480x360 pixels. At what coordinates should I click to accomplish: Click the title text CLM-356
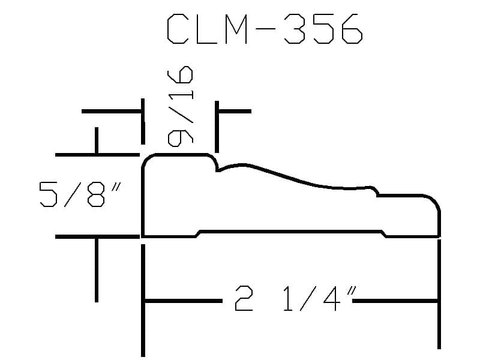pyautogui.click(x=265, y=29)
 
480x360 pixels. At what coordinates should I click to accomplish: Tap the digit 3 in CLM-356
pyautogui.click(x=294, y=29)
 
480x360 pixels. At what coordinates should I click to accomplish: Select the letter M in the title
pyautogui.click(x=236, y=29)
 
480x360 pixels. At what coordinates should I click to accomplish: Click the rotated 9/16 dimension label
pyautogui.click(x=181, y=106)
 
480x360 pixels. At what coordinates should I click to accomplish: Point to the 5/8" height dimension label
pyautogui.click(x=80, y=194)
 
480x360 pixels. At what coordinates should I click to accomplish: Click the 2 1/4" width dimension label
pyautogui.click(x=296, y=298)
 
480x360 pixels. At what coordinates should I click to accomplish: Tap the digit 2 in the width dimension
pyautogui.click(x=244, y=298)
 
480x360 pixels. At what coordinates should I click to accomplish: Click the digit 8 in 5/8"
pyautogui.click(x=96, y=194)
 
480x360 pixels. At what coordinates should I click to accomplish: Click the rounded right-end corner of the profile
pyautogui.click(x=434, y=200)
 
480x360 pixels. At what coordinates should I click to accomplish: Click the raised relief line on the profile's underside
pyautogui.click(x=291, y=232)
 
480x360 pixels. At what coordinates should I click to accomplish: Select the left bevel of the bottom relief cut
pyautogui.click(x=198, y=234)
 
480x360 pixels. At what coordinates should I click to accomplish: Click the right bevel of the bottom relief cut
pyautogui.click(x=384, y=234)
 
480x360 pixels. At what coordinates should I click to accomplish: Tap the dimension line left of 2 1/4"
pyautogui.click(x=184, y=301)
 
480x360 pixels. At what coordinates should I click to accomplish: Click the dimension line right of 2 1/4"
pyautogui.click(x=396, y=301)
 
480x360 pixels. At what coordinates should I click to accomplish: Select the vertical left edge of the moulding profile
pyautogui.click(x=143, y=202)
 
